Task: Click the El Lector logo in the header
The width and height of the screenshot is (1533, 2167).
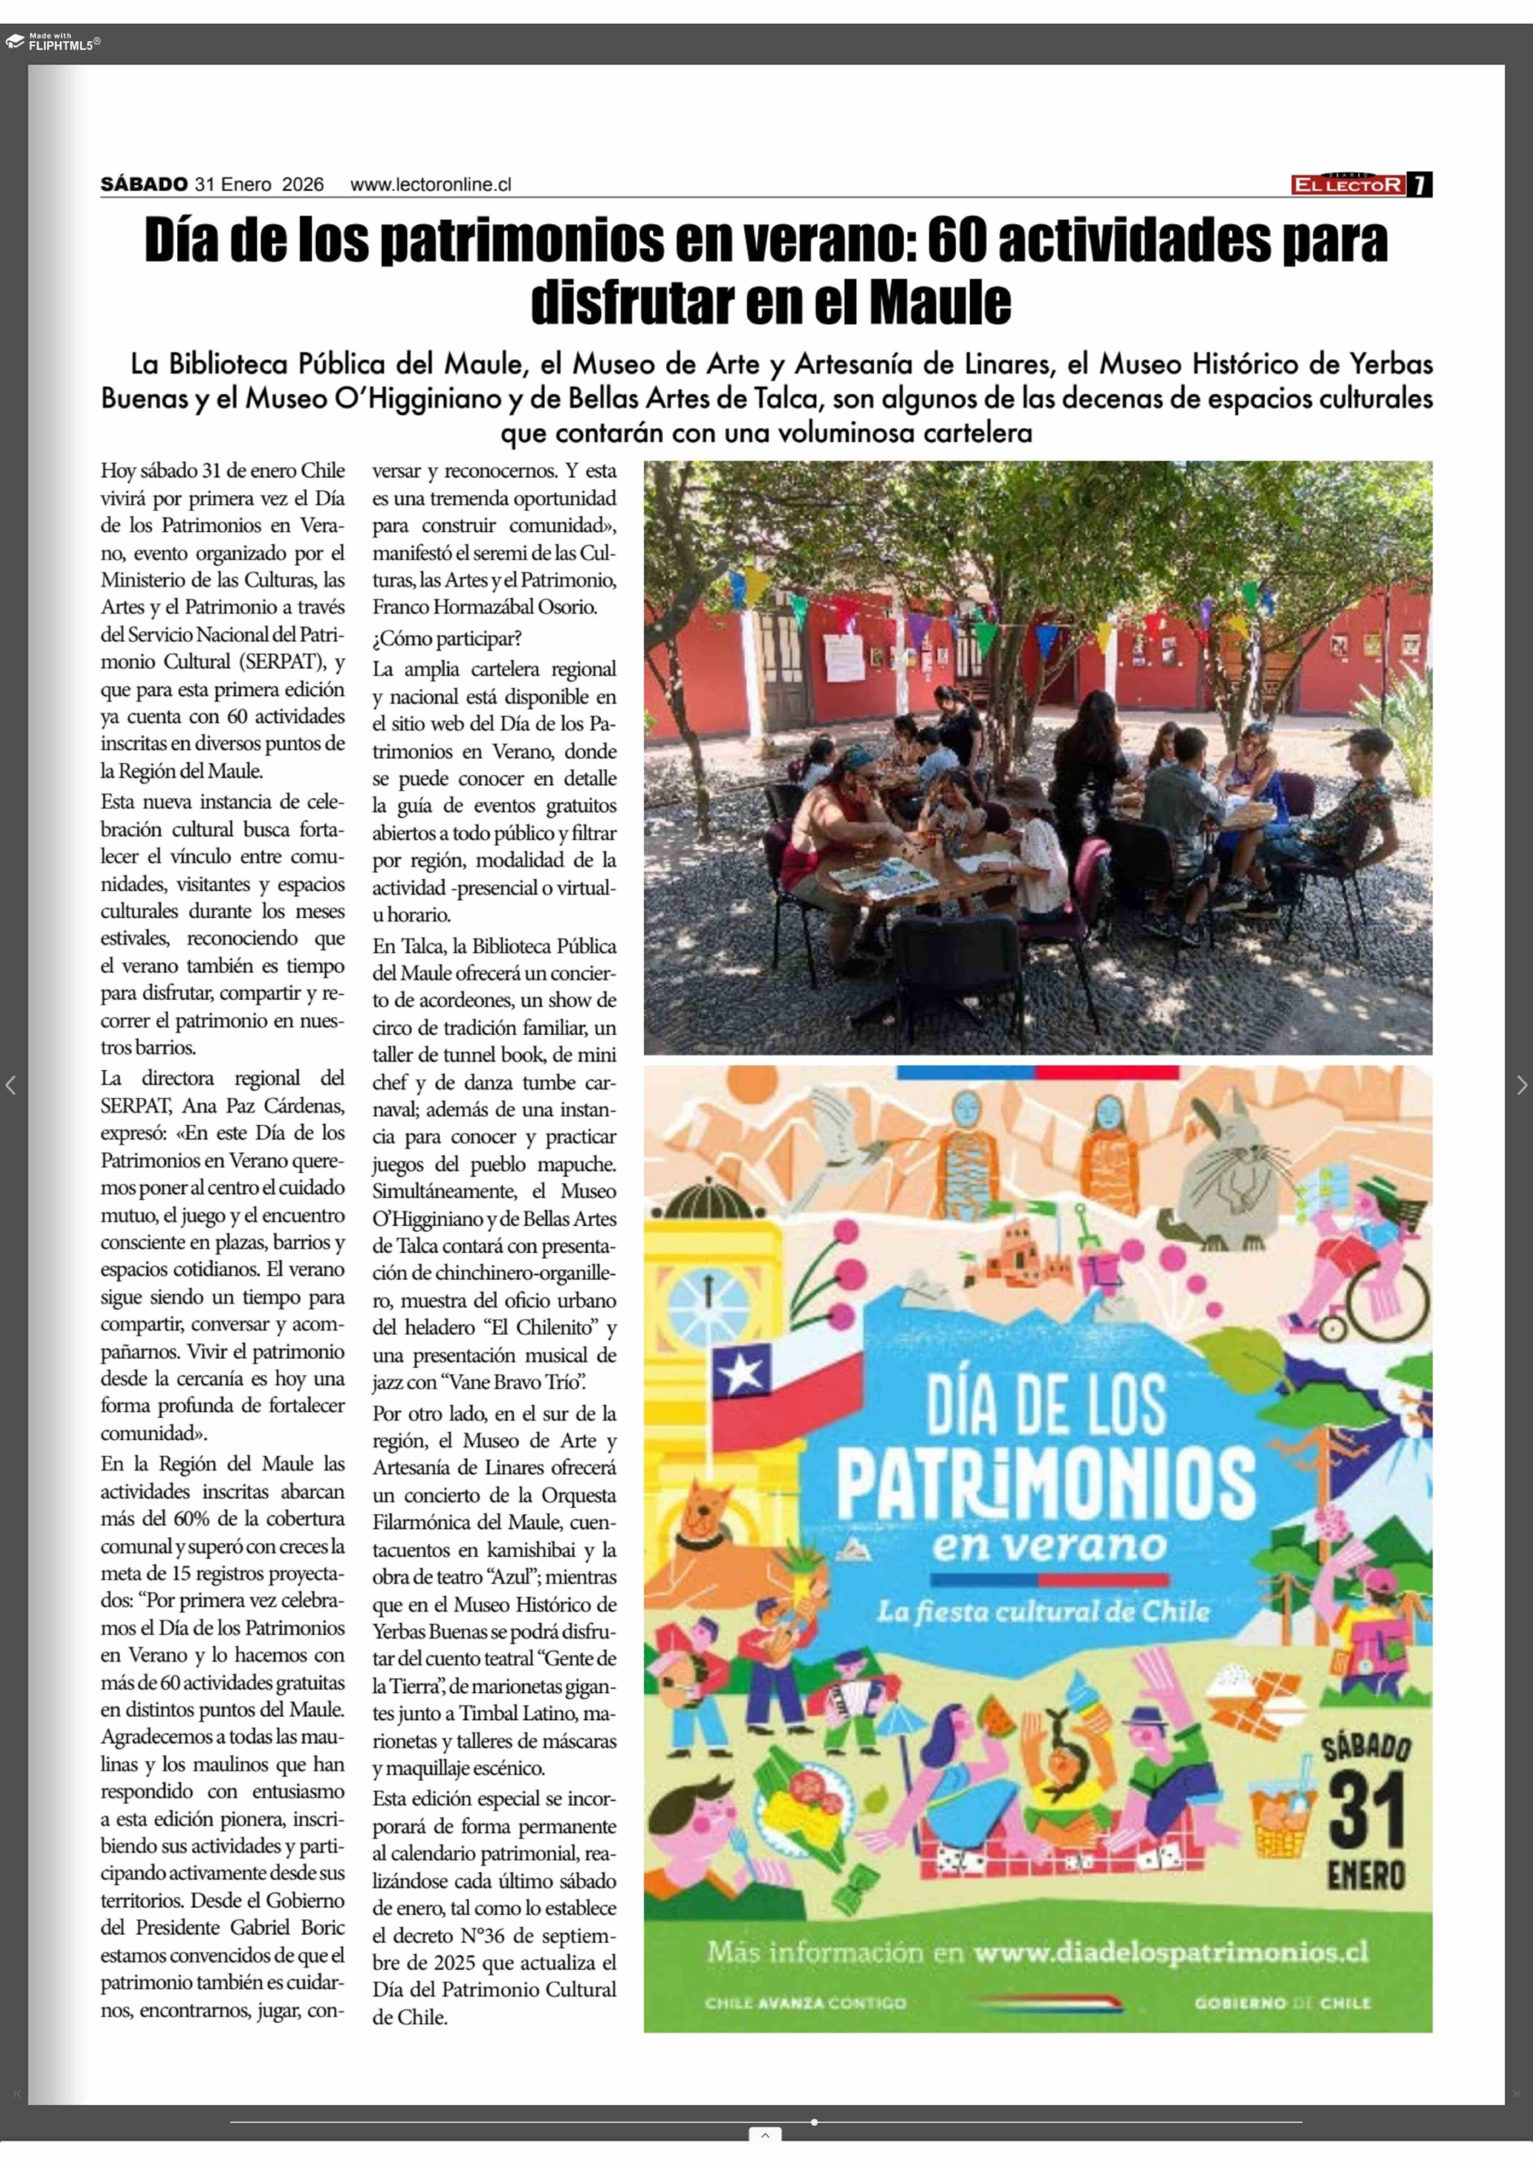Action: [1348, 185]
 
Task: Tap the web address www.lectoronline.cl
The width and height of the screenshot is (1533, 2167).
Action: [430, 185]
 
